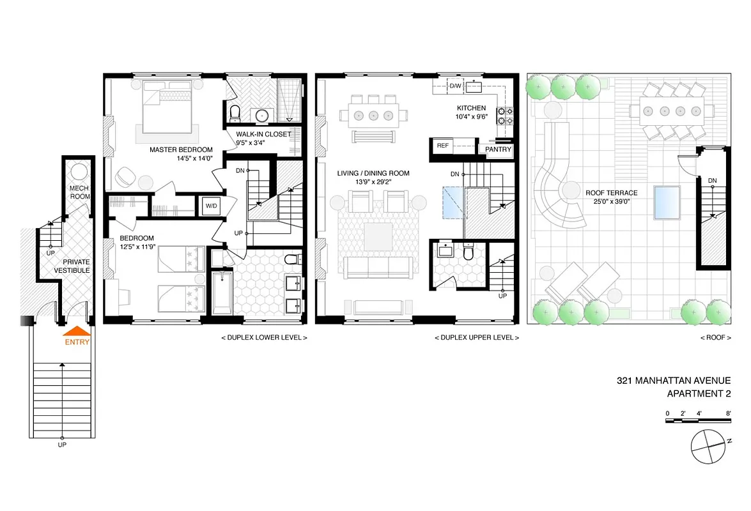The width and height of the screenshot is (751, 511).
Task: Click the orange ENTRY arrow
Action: pos(76,331)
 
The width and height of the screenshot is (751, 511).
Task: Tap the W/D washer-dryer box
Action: pos(210,206)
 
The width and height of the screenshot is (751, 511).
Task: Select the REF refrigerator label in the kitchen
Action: pos(442,146)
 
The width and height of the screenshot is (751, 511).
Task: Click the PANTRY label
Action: pos(498,149)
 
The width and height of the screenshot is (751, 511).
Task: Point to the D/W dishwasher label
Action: pos(455,86)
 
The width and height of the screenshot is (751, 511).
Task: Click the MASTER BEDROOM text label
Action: pos(181,150)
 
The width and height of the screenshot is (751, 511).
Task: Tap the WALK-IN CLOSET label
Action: pos(263,134)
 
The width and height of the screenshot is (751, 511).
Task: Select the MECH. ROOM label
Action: pos(80,192)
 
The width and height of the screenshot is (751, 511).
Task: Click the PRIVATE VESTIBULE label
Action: pos(76,266)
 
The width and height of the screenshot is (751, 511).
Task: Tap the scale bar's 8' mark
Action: pos(728,413)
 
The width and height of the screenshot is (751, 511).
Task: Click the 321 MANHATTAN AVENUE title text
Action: pos(674,381)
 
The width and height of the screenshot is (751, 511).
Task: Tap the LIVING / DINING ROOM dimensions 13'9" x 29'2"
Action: pos(373,183)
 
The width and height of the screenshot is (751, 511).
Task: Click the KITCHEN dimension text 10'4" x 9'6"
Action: pos(471,117)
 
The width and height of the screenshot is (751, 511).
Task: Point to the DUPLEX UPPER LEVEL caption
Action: pos(476,337)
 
